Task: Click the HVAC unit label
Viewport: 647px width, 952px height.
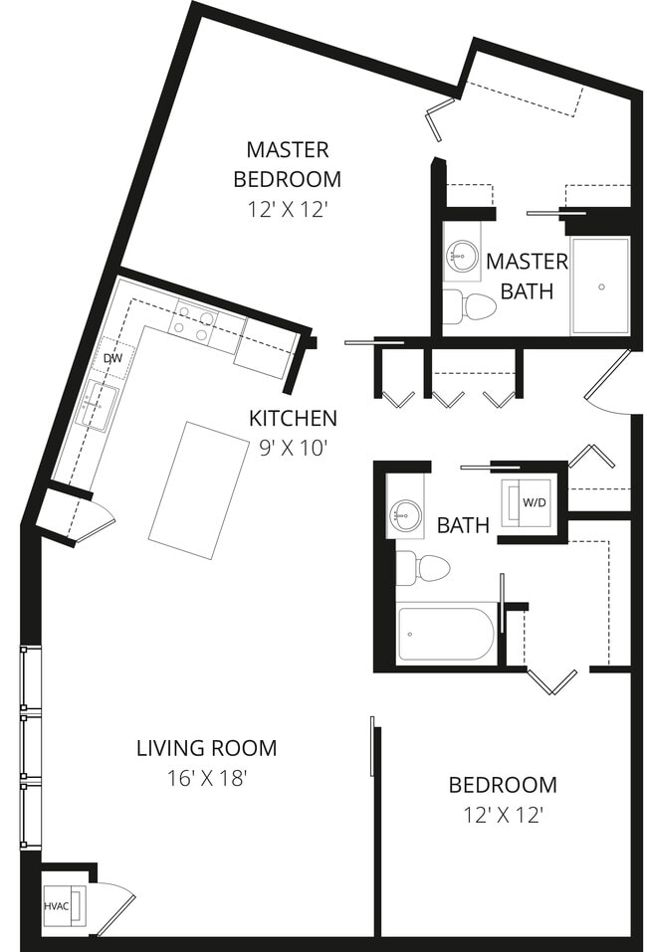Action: (55, 906)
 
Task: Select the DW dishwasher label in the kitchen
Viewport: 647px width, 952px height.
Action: (112, 358)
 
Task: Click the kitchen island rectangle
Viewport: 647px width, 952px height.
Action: (199, 489)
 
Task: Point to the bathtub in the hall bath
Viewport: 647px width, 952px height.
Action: (445, 633)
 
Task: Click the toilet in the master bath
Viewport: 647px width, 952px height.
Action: (469, 306)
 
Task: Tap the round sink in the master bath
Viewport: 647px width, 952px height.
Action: (461, 256)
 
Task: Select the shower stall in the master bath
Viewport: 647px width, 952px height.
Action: (600, 286)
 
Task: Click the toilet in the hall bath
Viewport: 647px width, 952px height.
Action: (422, 568)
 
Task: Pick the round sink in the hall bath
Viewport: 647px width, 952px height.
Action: (405, 514)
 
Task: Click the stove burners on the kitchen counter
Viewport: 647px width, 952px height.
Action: (193, 324)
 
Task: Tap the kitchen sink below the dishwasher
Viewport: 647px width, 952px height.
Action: (100, 407)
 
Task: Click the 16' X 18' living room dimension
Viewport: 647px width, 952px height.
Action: (206, 778)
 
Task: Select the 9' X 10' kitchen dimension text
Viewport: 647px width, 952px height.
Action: (293, 448)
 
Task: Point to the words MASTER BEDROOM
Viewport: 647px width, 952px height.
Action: (288, 164)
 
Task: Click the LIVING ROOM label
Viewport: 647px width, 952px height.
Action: (206, 747)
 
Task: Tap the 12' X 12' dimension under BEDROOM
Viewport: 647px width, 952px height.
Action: (503, 815)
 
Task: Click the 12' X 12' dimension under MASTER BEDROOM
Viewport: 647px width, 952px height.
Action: (287, 210)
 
